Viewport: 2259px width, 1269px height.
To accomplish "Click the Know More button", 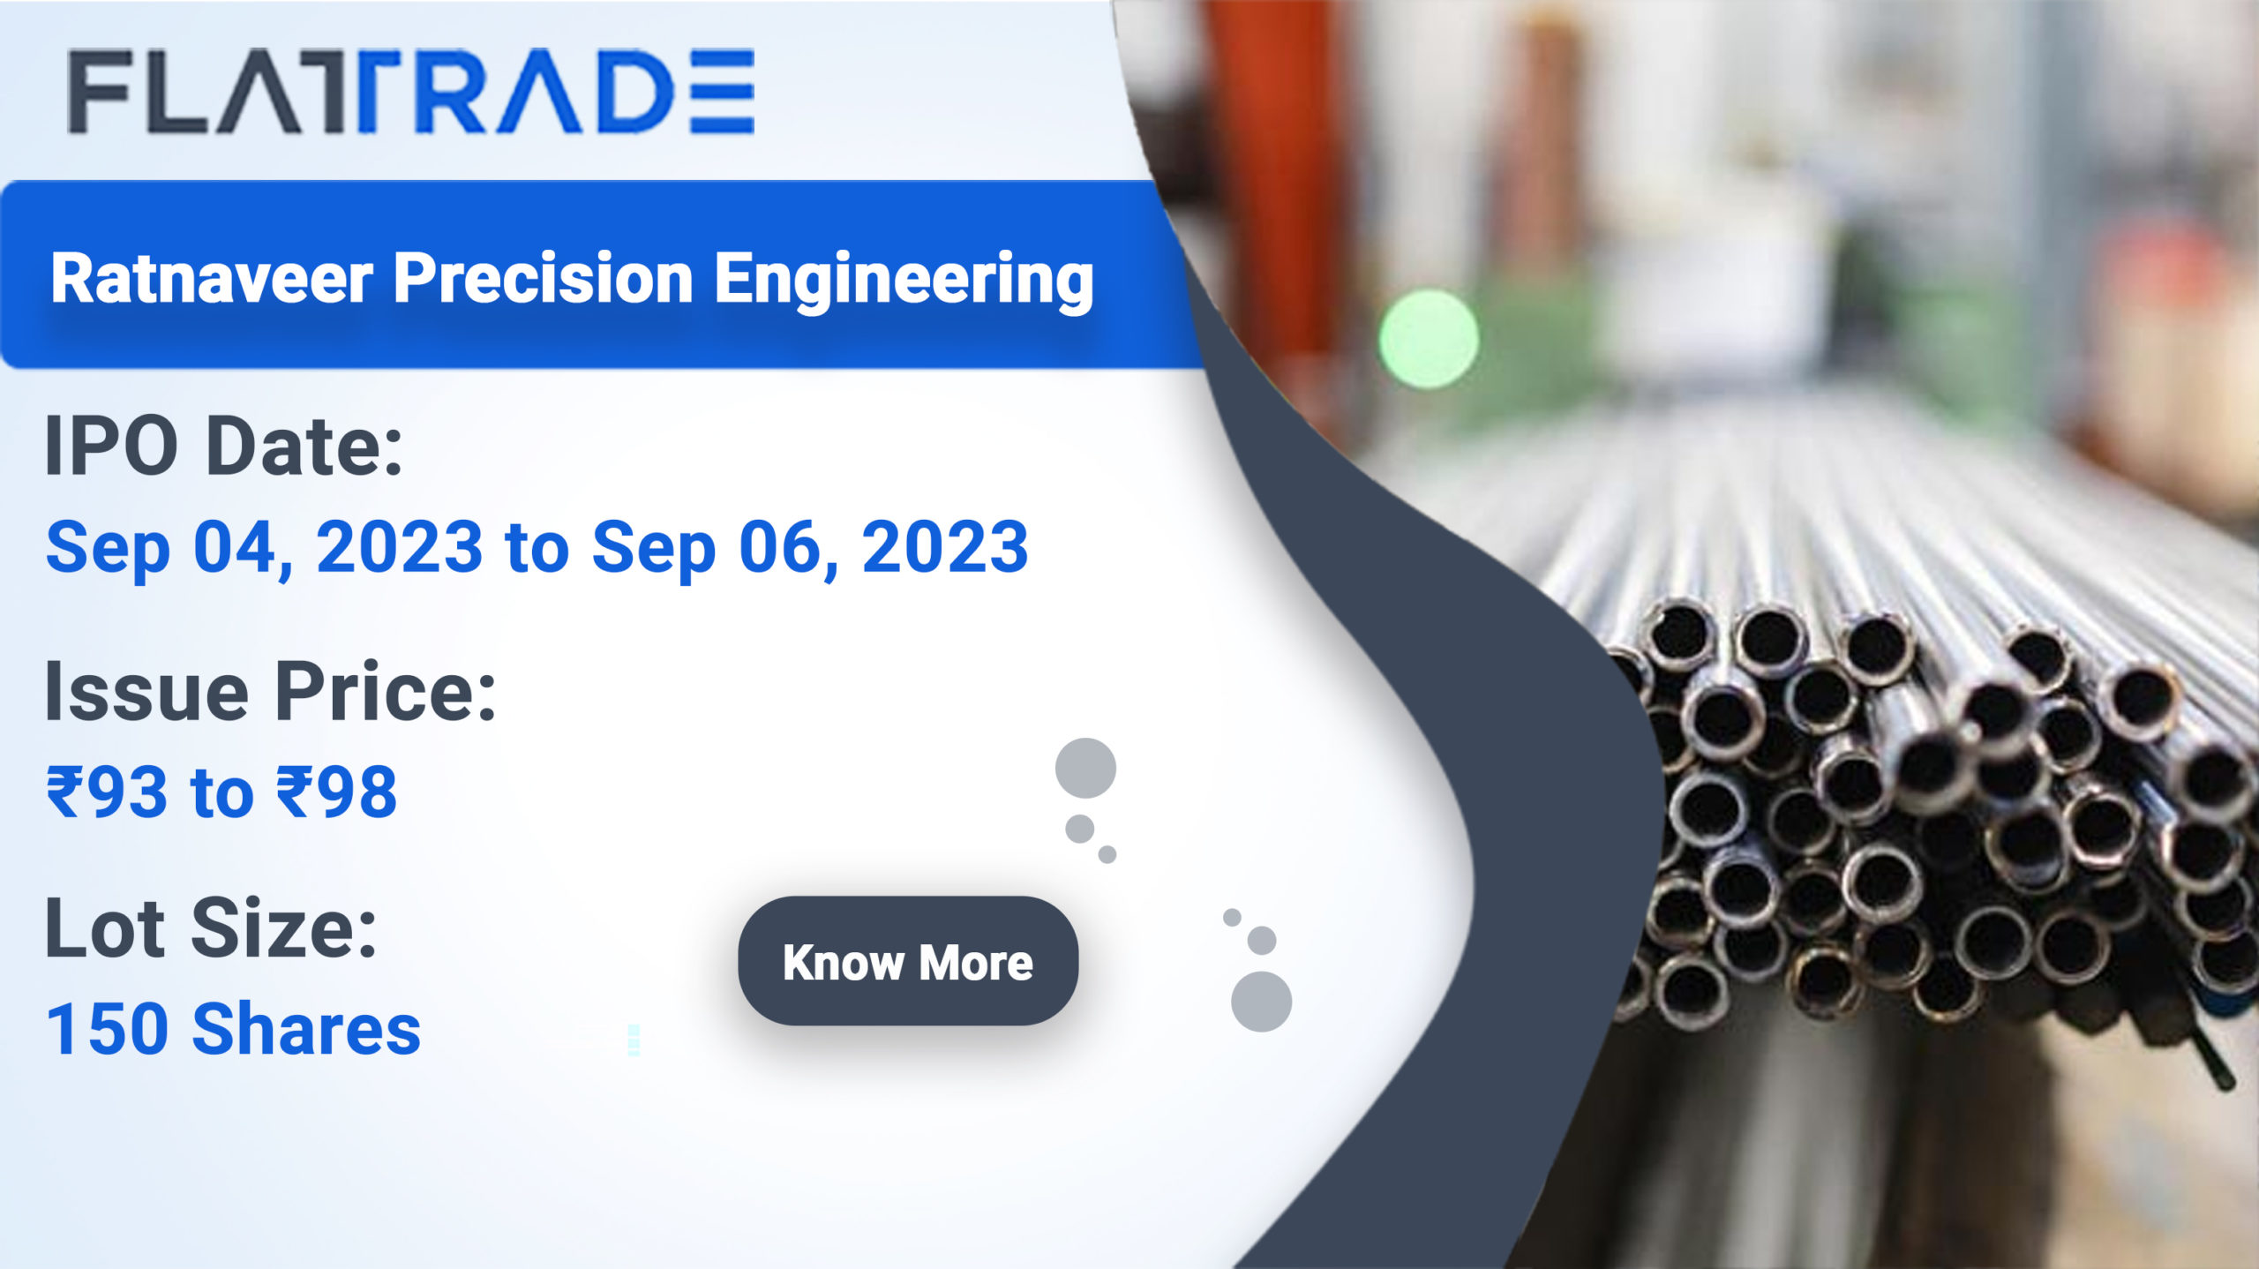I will [907, 961].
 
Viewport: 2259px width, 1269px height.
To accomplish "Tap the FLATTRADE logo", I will [411, 92].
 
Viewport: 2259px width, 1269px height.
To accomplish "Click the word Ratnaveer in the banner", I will [212, 279].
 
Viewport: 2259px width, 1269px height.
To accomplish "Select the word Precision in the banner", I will [543, 279].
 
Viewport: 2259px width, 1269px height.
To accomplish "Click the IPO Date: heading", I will [224, 447].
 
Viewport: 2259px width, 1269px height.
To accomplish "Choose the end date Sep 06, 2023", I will [810, 548].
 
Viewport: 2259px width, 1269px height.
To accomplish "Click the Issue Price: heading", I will [270, 692].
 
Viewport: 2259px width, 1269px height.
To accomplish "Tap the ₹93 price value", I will [107, 792].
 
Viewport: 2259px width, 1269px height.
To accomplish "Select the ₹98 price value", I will [337, 792].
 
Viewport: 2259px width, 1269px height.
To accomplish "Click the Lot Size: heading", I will [211, 928].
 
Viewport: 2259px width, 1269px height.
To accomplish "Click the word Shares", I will [307, 1029].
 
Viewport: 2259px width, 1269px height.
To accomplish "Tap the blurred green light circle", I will [1429, 339].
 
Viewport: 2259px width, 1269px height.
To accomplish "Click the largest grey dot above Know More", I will [1085, 768].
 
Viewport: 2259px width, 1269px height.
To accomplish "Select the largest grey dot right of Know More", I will [1261, 1002].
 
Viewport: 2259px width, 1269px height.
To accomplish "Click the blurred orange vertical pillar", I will [1271, 176].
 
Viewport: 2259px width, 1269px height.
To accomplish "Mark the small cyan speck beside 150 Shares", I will [634, 1040].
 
